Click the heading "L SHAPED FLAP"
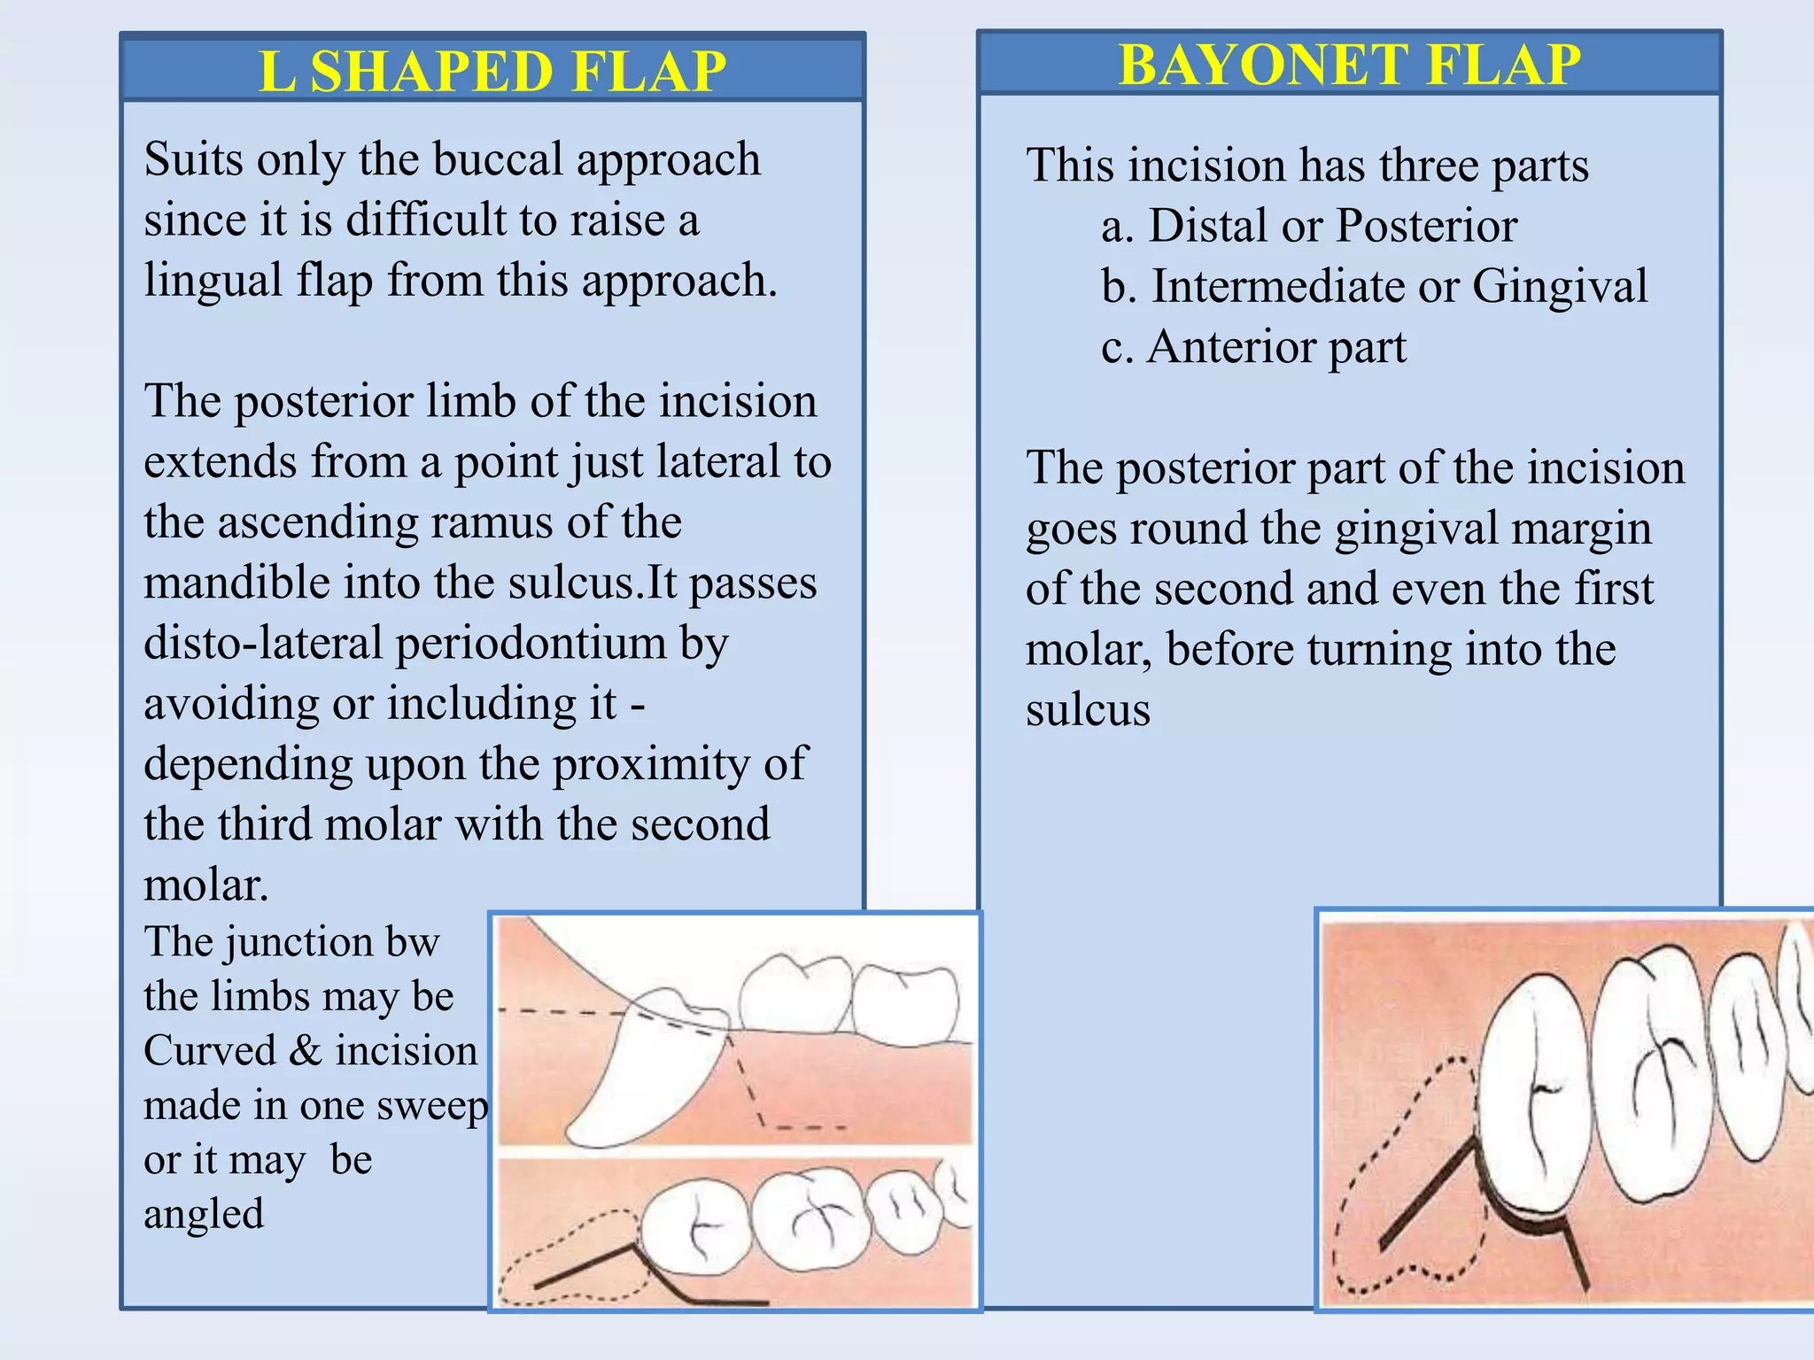[492, 71]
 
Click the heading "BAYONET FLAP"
[1349, 64]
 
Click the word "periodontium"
[531, 644]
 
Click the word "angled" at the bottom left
[204, 1214]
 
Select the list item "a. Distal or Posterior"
[1308, 226]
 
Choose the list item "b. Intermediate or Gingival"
[1374, 286]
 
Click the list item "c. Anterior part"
[1253, 346]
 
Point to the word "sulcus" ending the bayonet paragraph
[1088, 710]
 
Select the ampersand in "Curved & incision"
[305, 1051]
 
